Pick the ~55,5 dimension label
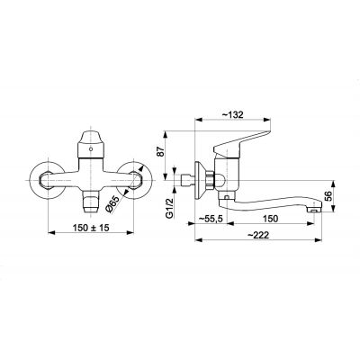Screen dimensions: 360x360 pyautogui.click(x=213, y=218)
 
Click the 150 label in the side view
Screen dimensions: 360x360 pyautogui.click(x=270, y=218)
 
